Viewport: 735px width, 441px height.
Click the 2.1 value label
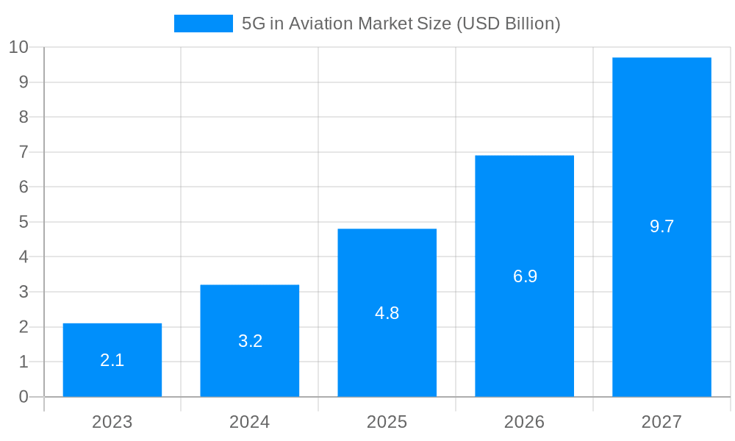coord(112,360)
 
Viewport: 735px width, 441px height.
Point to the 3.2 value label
coord(250,341)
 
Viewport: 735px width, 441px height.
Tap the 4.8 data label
coord(387,313)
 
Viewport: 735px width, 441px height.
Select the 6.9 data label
coord(525,276)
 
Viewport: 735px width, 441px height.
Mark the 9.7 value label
coord(661,226)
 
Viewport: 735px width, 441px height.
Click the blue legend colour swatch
coord(203,24)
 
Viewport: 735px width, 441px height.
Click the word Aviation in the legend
coord(321,24)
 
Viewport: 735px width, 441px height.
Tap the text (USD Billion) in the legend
coord(509,24)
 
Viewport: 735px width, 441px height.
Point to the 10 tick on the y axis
coord(18,47)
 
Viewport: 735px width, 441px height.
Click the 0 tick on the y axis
coord(24,397)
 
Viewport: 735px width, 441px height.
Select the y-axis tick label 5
coord(24,222)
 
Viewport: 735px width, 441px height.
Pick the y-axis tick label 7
coord(24,152)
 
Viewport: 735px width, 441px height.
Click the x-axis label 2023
coord(112,422)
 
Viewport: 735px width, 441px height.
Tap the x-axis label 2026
coord(525,422)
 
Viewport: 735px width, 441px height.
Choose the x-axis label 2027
coord(661,422)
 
